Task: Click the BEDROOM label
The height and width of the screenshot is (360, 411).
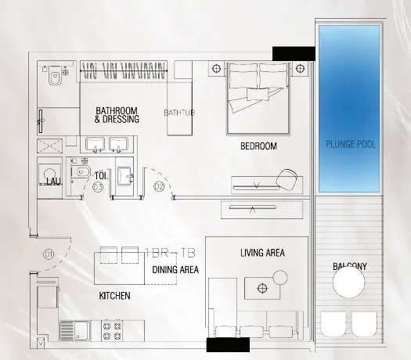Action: click(258, 146)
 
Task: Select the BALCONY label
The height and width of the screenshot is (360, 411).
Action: click(349, 267)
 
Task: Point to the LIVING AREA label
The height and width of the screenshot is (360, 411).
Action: click(262, 253)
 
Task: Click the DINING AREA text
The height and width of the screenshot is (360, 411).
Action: click(175, 270)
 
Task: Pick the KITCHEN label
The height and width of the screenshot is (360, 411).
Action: click(114, 297)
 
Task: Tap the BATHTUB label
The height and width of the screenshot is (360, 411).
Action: click(179, 113)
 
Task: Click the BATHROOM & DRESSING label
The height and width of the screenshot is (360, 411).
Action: click(117, 115)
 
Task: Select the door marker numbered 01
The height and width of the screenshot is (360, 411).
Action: click(49, 254)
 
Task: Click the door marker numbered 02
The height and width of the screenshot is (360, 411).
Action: click(159, 186)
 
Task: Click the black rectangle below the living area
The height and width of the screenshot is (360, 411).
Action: click(228, 344)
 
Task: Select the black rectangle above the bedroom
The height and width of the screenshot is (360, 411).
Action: click(294, 53)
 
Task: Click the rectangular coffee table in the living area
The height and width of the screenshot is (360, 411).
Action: click(261, 288)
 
